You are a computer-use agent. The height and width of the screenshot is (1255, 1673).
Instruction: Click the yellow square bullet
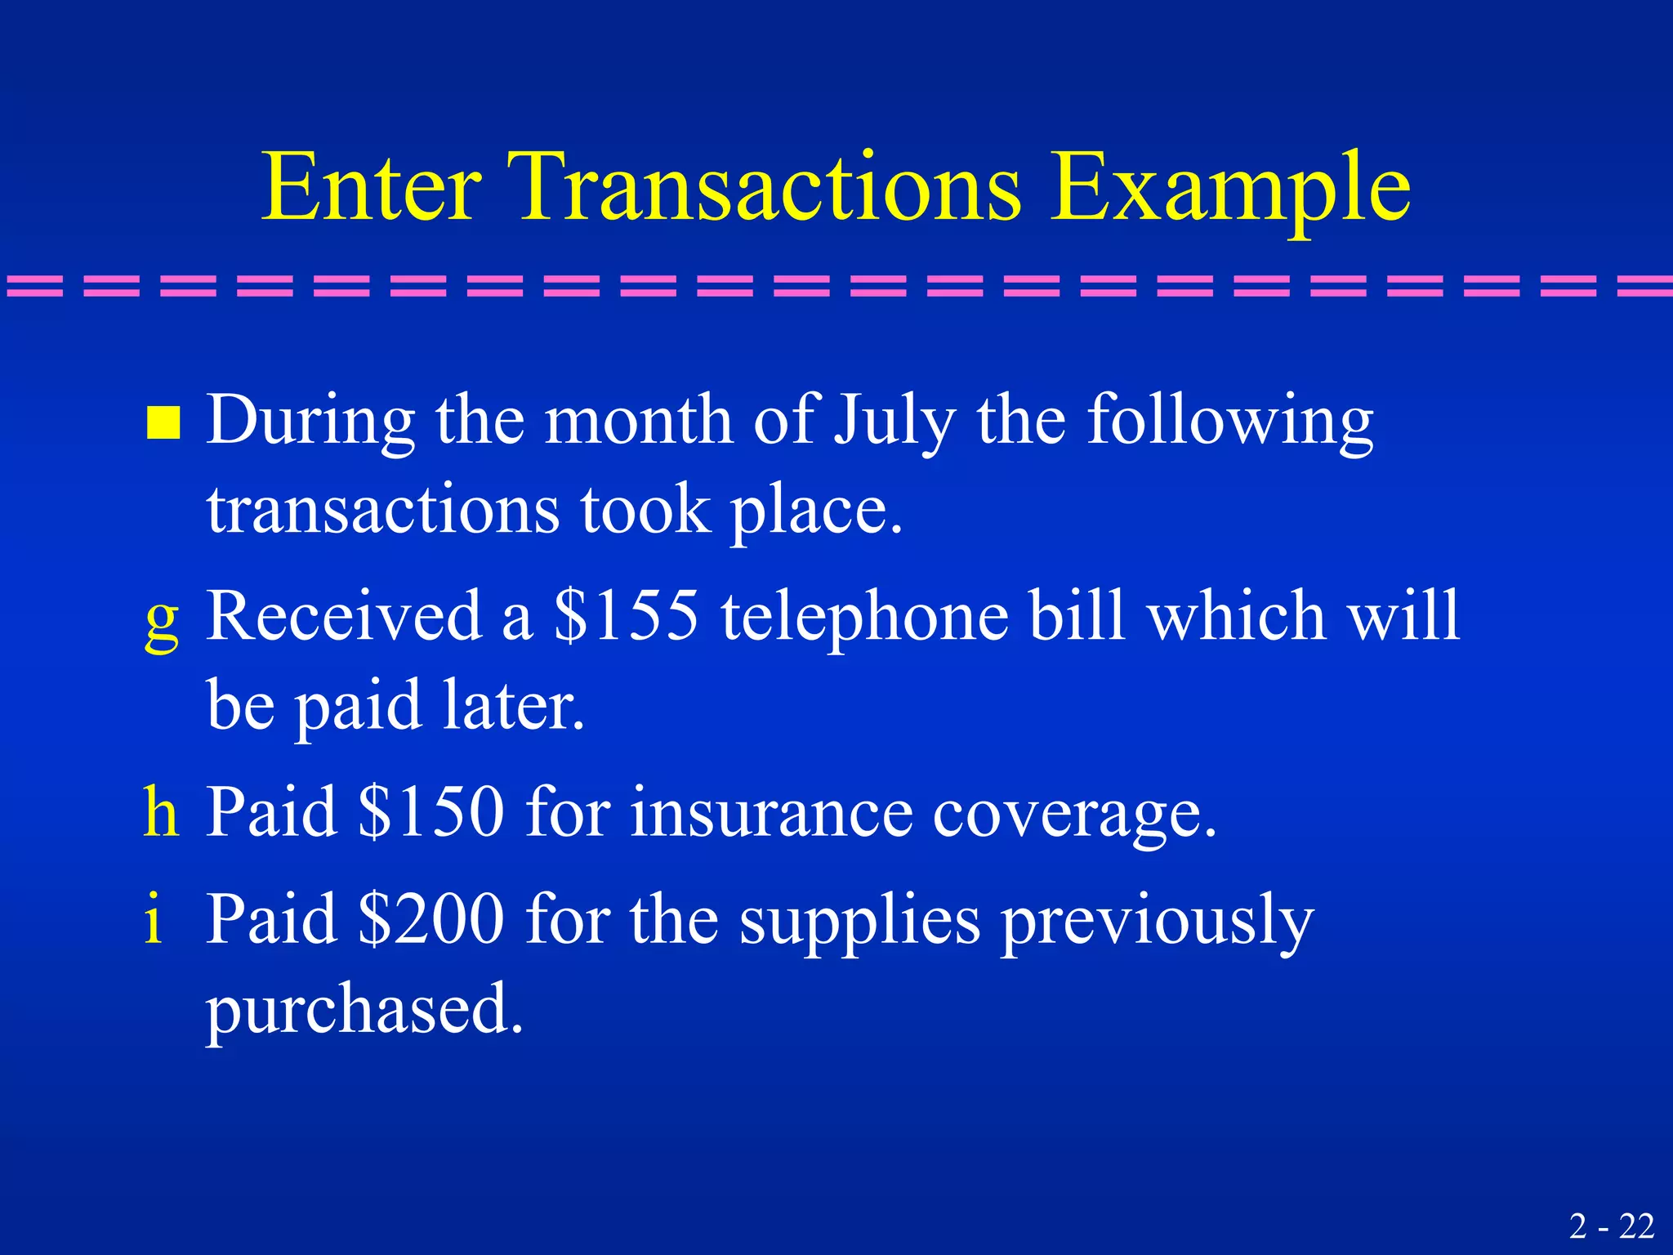tap(163, 423)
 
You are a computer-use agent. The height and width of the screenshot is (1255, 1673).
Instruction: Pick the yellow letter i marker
tap(154, 918)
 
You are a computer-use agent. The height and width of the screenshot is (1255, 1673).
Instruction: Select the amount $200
tap(431, 918)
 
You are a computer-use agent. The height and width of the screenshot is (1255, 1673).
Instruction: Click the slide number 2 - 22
tap(1612, 1226)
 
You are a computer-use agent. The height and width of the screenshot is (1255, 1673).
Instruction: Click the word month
tap(638, 420)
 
